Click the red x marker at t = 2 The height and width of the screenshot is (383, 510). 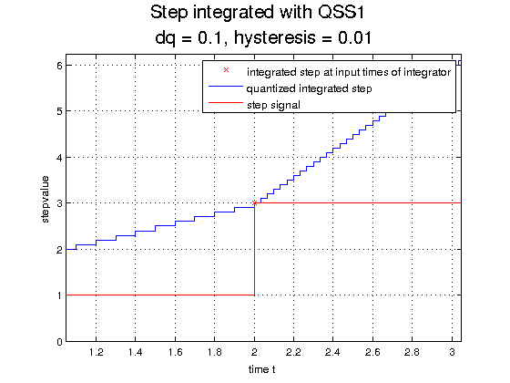pyautogui.click(x=255, y=202)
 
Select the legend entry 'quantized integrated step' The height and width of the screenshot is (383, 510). pyautogui.click(x=309, y=88)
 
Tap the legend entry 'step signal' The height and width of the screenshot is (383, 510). pyautogui.click(x=273, y=105)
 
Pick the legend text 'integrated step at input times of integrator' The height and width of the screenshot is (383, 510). pyautogui.click(x=349, y=72)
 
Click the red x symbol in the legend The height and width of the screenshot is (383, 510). pyautogui.click(x=227, y=70)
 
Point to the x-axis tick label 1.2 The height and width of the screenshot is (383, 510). pyautogui.click(x=97, y=352)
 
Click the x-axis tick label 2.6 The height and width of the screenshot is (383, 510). pyautogui.click(x=372, y=352)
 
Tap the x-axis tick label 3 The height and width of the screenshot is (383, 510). pyautogui.click(x=452, y=352)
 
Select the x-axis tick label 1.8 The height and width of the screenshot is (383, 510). pyautogui.click(x=215, y=352)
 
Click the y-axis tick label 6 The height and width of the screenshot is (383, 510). pyautogui.click(x=59, y=66)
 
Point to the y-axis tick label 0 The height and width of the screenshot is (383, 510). pyautogui.click(x=59, y=342)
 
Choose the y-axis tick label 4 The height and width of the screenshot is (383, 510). pyautogui.click(x=59, y=158)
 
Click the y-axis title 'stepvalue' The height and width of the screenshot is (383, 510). pyautogui.click(x=46, y=200)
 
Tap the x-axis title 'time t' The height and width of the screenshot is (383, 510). pyautogui.click(x=262, y=369)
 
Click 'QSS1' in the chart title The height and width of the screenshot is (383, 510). pyautogui.click(x=341, y=13)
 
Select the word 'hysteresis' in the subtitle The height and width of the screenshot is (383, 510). pyautogui.click(x=275, y=38)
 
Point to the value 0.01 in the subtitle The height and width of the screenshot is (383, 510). pyautogui.click(x=354, y=37)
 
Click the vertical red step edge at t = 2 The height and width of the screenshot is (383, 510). pyautogui.click(x=254, y=249)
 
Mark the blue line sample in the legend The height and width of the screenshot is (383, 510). pyautogui.click(x=226, y=87)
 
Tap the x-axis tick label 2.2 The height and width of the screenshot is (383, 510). pyautogui.click(x=293, y=352)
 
